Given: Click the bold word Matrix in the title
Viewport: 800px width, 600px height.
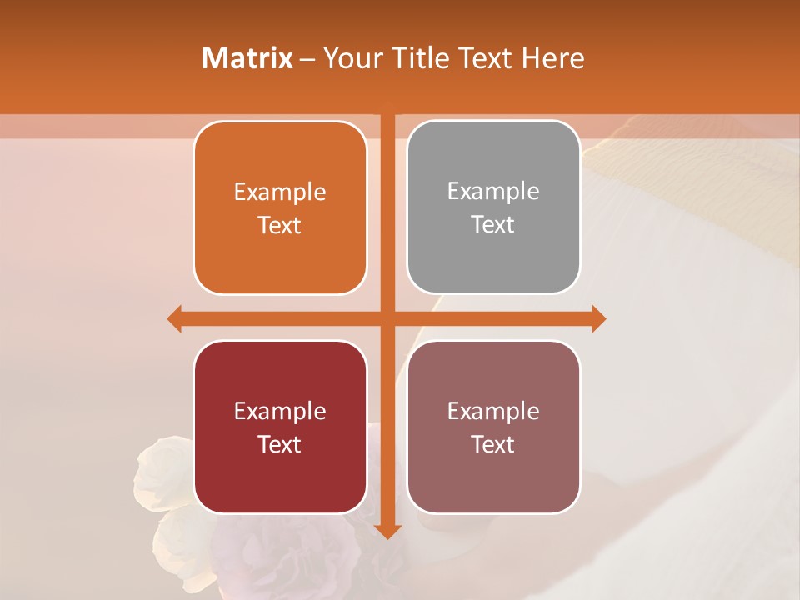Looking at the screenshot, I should coord(247,58).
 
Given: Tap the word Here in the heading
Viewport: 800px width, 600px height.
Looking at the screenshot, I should coord(552,58).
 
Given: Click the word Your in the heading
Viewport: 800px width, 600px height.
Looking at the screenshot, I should coord(348,58).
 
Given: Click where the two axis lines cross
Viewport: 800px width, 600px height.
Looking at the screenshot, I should coord(387,318).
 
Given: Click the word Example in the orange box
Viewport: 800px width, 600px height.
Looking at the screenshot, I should coord(280,192).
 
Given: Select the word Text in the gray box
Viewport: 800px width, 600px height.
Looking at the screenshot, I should coord(493,225).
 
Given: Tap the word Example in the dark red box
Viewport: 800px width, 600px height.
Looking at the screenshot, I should coord(280,411).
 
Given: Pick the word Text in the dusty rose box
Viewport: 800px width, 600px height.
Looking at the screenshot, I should coord(493,444).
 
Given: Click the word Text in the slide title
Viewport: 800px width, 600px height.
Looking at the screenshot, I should coord(483,58).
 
